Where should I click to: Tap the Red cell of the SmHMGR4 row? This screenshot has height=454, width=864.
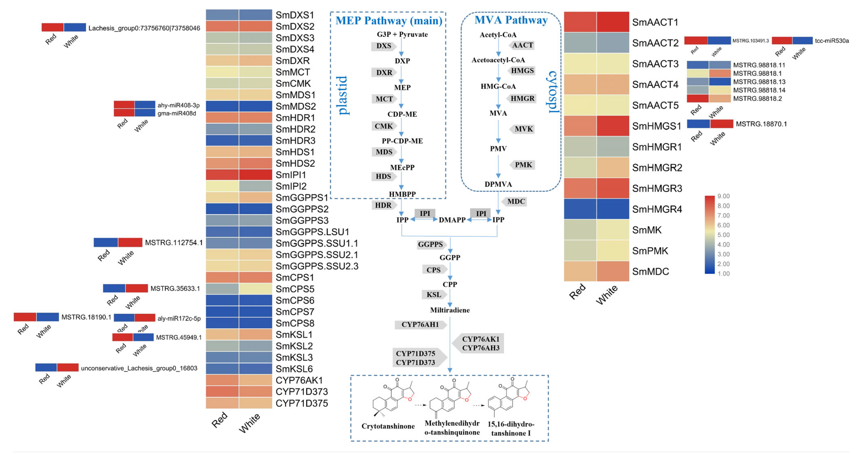pos(580,209)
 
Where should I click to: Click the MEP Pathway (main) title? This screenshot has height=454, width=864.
pos(389,21)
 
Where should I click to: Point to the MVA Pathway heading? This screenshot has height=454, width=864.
pos(511,20)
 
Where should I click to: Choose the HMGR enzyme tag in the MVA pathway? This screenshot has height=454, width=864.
pos(522,99)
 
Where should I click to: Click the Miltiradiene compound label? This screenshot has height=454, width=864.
pos(450,310)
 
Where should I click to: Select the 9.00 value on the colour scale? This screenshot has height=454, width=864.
pos(723,196)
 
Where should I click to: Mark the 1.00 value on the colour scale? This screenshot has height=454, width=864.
pos(723,273)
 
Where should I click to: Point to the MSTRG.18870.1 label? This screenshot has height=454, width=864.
pos(761,124)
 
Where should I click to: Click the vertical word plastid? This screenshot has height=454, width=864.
pos(342,96)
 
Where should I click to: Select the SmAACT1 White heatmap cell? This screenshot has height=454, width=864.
pos(613,22)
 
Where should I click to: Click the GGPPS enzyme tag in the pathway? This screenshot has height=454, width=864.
pos(430,245)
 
